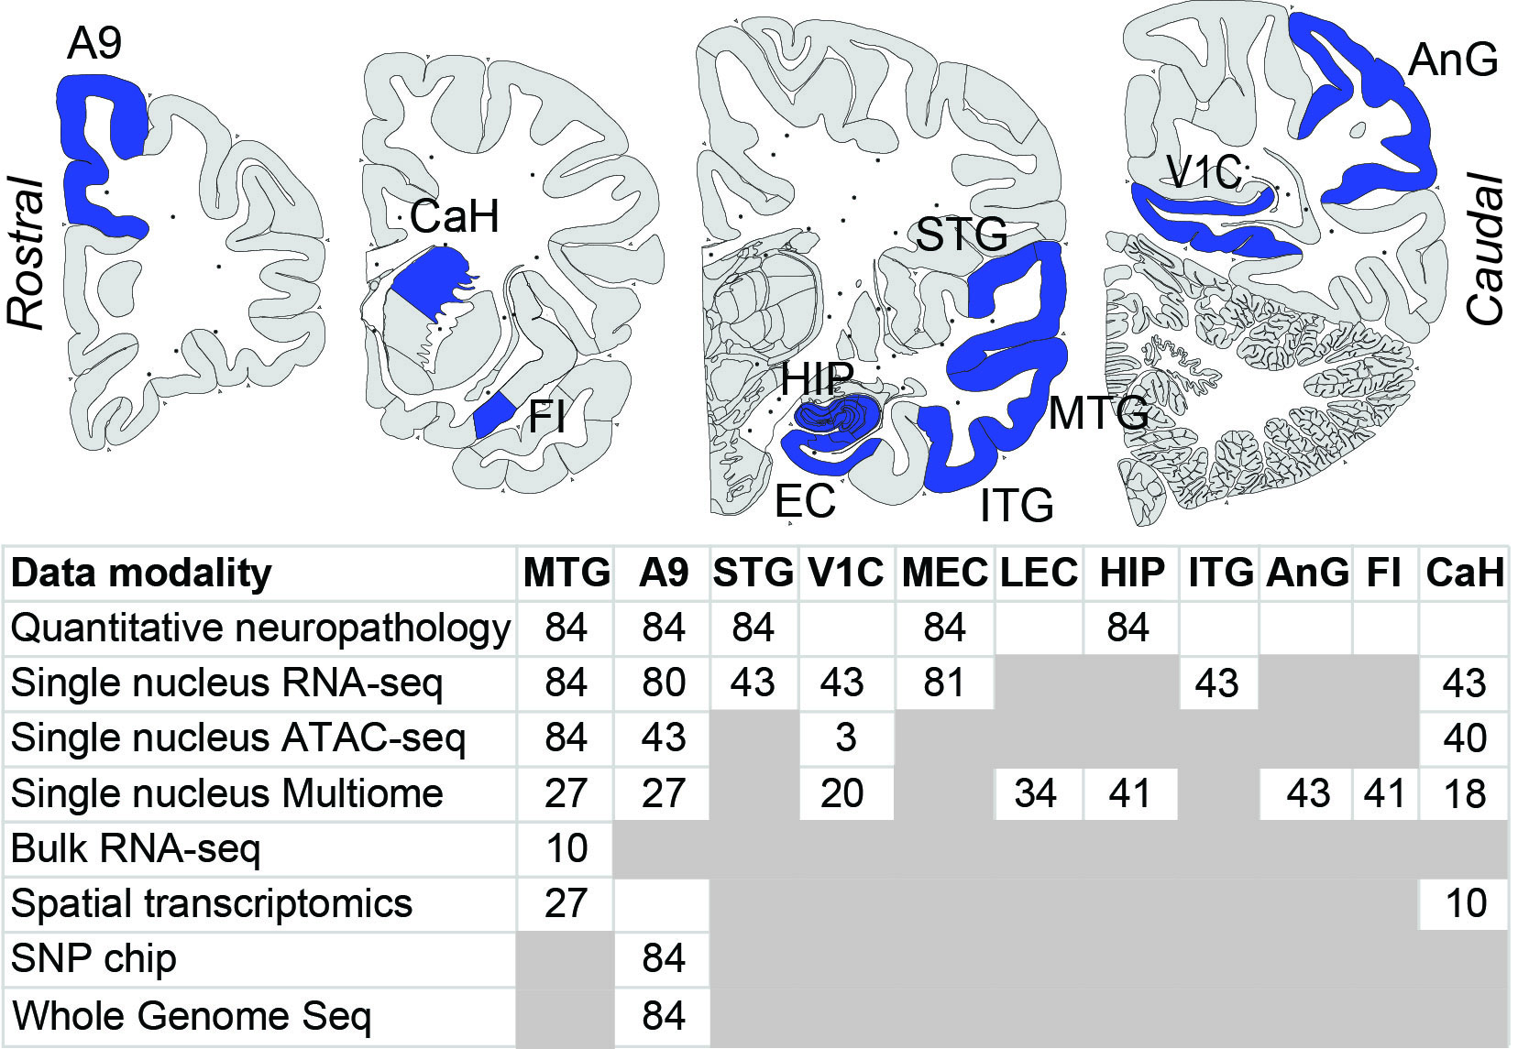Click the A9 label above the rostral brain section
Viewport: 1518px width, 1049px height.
pos(94,43)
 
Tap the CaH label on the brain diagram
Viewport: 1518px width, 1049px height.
pos(455,217)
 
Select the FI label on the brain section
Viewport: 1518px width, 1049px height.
pos(546,418)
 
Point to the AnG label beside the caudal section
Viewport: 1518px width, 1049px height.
pos(1453,60)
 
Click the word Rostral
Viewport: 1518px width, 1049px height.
pos(27,253)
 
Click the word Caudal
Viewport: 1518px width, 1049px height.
pos(1486,248)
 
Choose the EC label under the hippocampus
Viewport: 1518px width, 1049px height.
pos(805,501)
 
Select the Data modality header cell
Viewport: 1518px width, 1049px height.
pos(142,574)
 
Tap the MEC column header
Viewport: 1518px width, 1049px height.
pos(944,574)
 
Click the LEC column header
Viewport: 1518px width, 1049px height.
pos(1039,574)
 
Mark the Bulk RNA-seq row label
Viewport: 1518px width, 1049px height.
pos(136,848)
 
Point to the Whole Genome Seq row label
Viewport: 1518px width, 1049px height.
pos(192,1015)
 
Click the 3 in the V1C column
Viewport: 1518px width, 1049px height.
pos(845,738)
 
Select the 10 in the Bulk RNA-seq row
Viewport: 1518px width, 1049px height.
pos(566,848)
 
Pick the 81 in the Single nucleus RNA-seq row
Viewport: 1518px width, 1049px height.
pos(944,683)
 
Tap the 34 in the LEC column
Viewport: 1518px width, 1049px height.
pos(1036,793)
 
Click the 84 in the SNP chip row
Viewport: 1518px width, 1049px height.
pos(664,958)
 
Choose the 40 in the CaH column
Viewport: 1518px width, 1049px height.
pos(1465,738)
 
